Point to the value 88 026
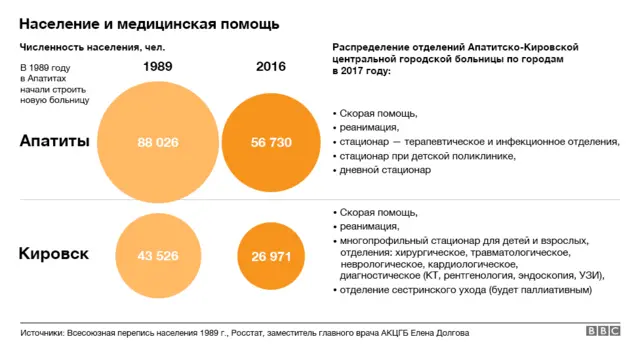tap(158, 143)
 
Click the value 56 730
tap(271, 143)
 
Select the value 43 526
tap(158, 256)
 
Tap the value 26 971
tap(271, 257)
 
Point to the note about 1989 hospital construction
tap(55, 84)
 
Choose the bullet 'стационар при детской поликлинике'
tap(428, 156)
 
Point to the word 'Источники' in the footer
tap(43, 332)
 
